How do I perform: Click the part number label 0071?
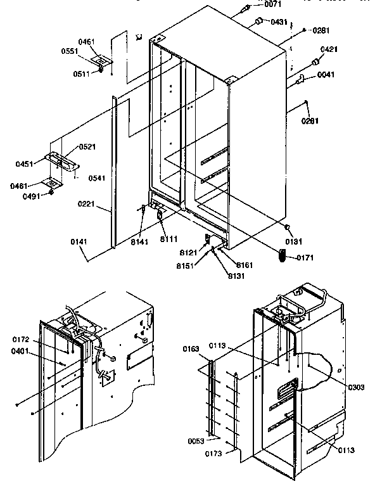[x=273, y=5]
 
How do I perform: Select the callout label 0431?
[x=279, y=22]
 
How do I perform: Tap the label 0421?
[x=328, y=49]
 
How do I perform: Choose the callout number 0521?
[x=87, y=146]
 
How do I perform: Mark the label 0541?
[x=96, y=178]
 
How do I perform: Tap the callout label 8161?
[x=245, y=264]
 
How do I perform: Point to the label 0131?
[x=294, y=241]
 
